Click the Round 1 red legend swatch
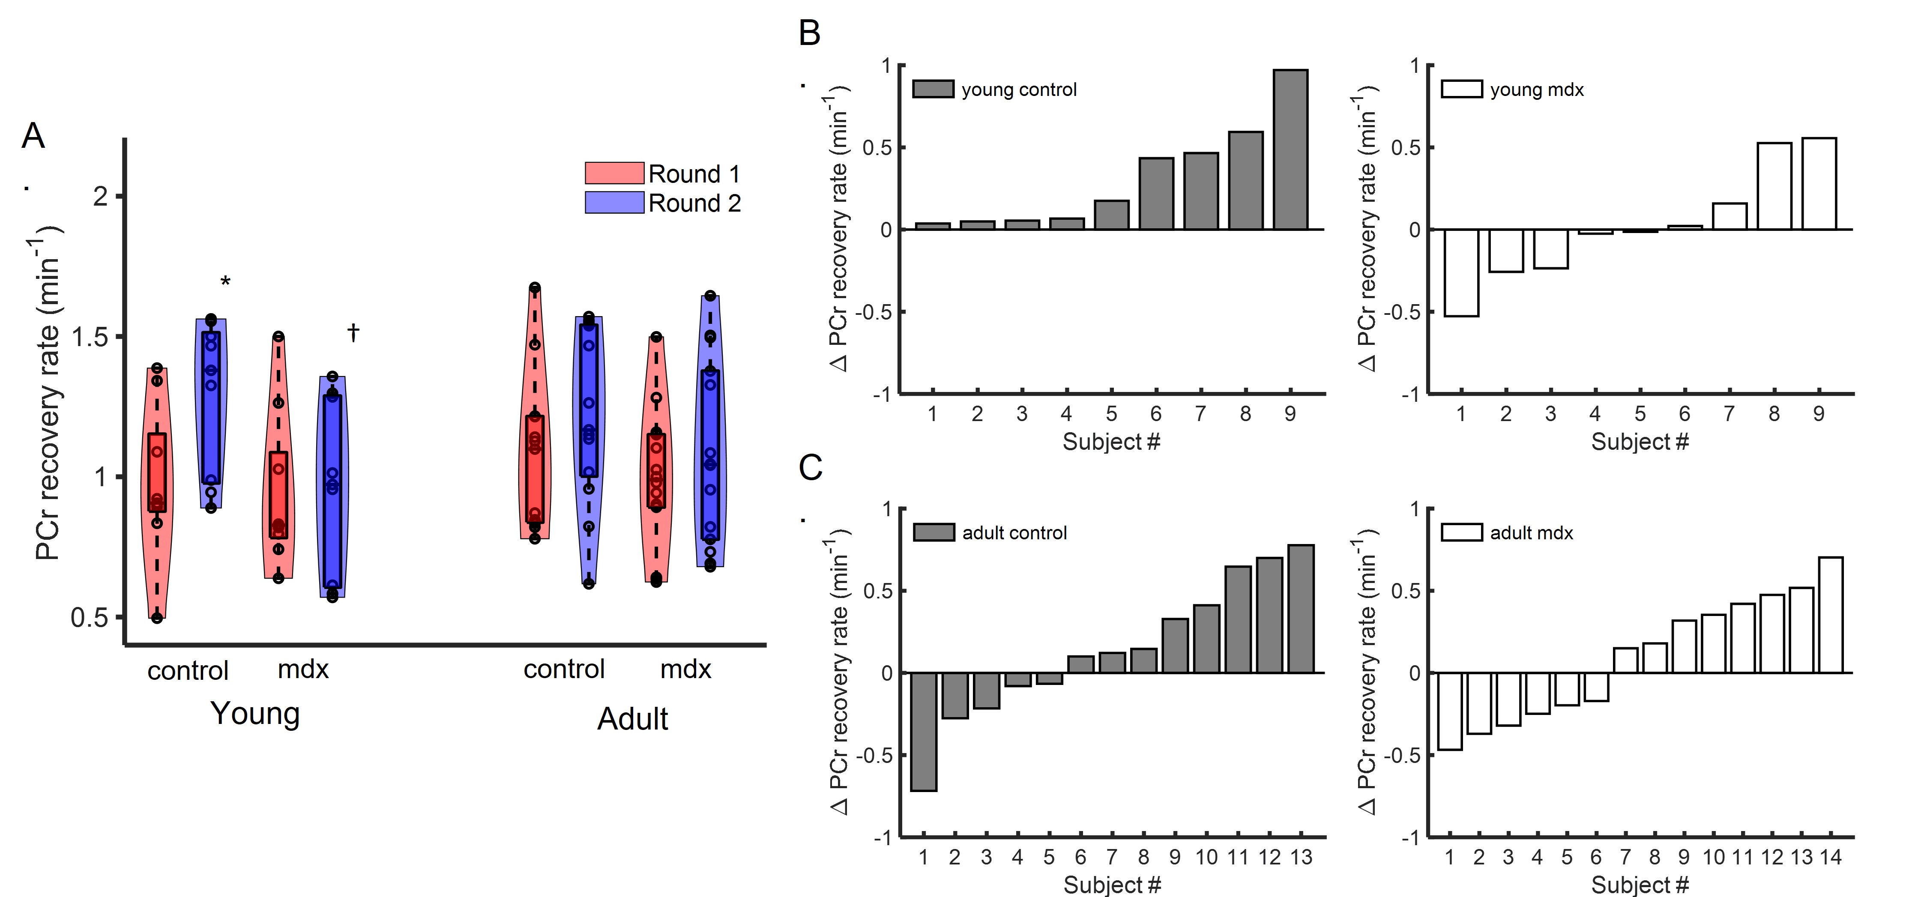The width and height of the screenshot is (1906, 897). point(614,173)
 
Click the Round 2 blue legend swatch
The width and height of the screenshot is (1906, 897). point(614,203)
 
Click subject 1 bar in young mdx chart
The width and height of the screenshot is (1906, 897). point(1461,272)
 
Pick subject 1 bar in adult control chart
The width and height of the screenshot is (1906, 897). point(923,731)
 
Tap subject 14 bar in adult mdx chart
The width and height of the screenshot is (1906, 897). point(1831,614)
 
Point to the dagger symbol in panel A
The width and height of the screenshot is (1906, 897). point(354,333)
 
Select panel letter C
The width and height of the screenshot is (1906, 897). point(810,468)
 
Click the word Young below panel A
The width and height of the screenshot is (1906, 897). point(255,714)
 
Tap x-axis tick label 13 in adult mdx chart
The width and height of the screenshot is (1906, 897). point(1801,857)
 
